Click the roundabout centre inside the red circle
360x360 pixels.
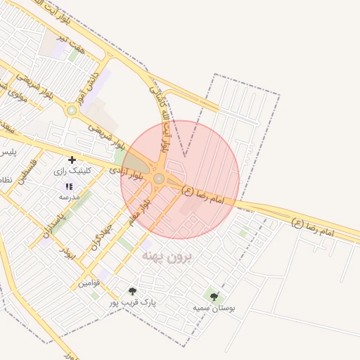tap(159, 179)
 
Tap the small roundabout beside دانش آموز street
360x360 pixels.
tap(71, 110)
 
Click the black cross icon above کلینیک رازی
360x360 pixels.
tap(72, 160)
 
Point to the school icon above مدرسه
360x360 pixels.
tap(69, 186)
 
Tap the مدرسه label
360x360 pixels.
tap(69, 197)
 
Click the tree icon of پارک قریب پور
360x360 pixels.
tap(132, 290)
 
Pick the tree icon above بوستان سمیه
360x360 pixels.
tap(214, 297)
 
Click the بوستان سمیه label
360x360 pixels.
tap(214, 307)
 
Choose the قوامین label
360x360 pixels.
tap(89, 283)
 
